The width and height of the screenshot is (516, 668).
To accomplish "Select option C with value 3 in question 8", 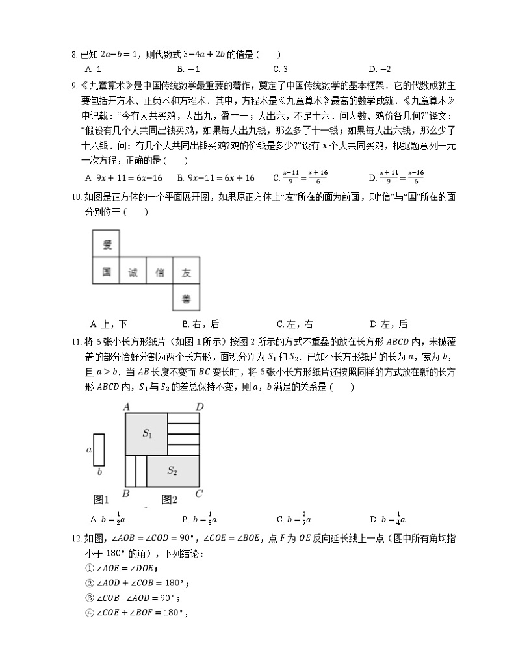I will [281, 69].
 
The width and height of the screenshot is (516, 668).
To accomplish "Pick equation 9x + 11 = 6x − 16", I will [124, 177].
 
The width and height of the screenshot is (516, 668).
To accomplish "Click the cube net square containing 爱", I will [107, 245].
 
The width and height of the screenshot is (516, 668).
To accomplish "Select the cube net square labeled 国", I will [107, 272].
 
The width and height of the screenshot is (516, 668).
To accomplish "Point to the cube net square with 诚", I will [133, 272].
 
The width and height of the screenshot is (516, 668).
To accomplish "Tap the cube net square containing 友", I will [187, 272].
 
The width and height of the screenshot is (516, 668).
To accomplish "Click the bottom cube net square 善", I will [187, 299].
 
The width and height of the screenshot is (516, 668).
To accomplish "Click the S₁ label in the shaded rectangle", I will [147, 434].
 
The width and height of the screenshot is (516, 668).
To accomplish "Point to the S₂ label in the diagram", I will [172, 470].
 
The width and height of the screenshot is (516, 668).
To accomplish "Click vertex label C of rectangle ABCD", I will [200, 494].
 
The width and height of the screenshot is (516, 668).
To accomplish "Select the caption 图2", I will [170, 499].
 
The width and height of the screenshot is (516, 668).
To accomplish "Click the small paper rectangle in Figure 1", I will [99, 449].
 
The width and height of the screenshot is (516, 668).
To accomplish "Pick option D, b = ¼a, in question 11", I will [387, 519].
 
